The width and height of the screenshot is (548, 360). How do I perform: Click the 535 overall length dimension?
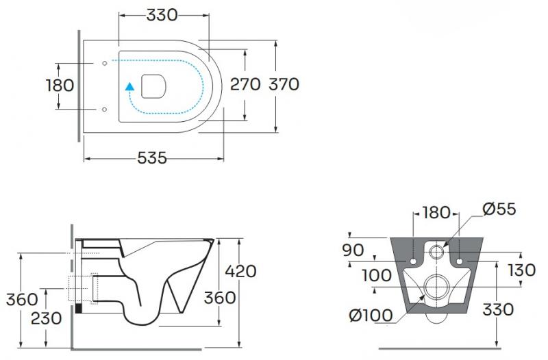tap(152, 158)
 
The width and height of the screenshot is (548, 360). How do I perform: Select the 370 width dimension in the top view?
tap(284, 84)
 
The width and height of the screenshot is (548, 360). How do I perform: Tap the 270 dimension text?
tap(245, 84)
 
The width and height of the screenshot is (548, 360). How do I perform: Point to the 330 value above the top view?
tap(162, 14)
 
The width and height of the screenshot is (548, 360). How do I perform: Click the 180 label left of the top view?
tap(60, 86)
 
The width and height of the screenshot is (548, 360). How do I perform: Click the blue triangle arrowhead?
tap(129, 86)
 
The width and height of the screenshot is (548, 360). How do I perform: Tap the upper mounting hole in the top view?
tap(103, 64)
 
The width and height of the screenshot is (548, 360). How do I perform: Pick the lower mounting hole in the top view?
tap(103, 109)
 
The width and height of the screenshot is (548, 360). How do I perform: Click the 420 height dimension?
tap(240, 271)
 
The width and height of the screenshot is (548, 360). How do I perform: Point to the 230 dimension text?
tap(46, 318)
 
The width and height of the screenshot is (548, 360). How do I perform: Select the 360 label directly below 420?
tap(220, 298)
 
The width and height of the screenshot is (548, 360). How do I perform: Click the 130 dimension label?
tap(521, 270)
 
